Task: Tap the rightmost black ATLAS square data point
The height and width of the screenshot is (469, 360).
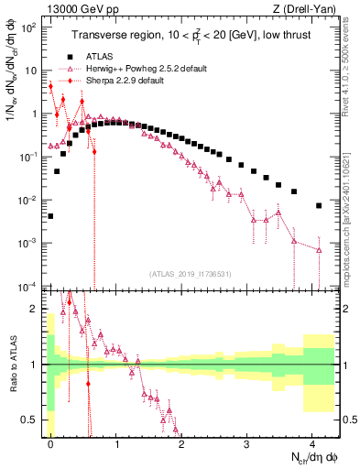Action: click(319, 206)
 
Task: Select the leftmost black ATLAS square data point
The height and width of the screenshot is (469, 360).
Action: click(50, 217)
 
